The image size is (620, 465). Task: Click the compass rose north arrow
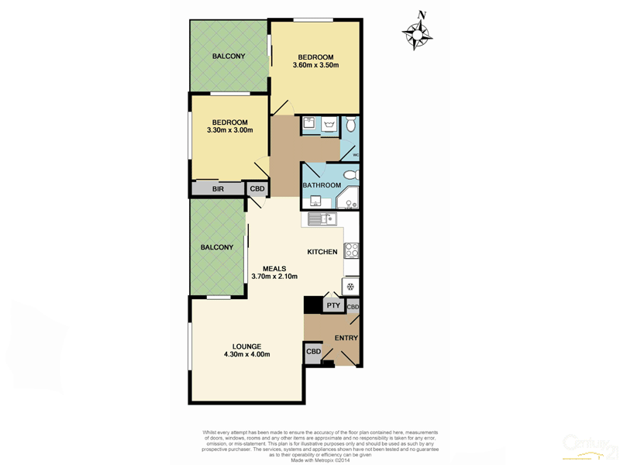418,31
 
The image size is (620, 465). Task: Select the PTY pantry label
333,306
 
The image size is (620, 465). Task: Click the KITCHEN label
322,252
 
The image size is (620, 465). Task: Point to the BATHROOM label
322,185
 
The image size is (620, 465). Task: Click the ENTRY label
346,339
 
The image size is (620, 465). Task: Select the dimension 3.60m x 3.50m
316,65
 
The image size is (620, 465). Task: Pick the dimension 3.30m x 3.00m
230,130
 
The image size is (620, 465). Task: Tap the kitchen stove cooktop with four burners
351,250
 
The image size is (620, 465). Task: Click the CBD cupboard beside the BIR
257,188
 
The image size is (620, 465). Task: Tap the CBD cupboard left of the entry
313,352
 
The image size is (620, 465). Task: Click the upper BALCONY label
229,56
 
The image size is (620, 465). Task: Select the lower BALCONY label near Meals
217,247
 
